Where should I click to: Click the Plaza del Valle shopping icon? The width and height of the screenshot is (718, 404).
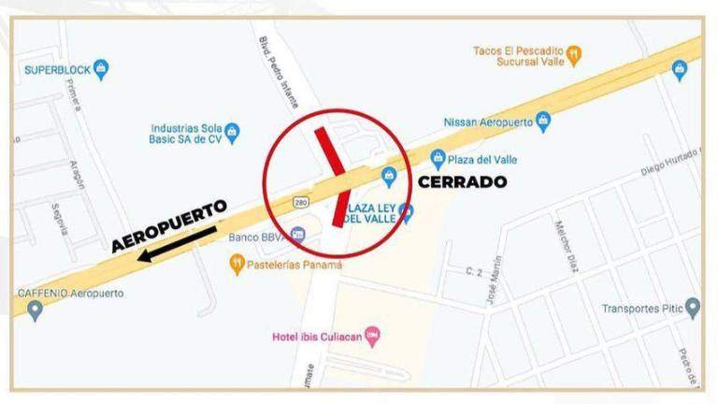[436, 157]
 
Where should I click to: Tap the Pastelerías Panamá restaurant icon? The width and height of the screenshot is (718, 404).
[237, 266]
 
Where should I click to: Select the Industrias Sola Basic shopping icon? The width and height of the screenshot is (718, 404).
[234, 131]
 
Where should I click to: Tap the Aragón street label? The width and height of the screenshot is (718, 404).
[75, 175]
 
